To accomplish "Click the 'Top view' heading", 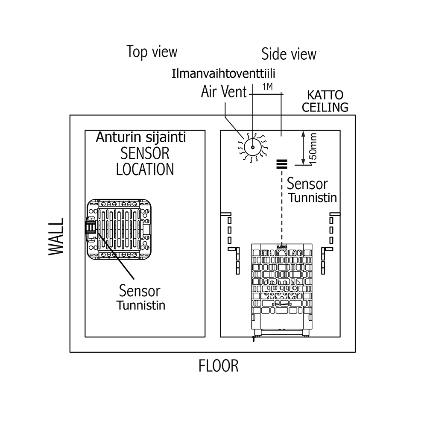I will click(x=152, y=52).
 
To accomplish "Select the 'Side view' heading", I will click(x=289, y=54).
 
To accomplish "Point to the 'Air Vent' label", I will click(x=224, y=92).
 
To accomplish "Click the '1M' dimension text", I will click(x=267, y=87).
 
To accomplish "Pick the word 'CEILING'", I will click(x=325, y=107).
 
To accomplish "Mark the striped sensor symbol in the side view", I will click(x=281, y=164).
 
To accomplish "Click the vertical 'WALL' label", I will click(x=56, y=237).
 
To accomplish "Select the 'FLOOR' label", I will click(x=218, y=366).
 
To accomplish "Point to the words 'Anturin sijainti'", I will click(x=140, y=137).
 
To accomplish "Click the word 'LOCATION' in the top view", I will click(x=145, y=169).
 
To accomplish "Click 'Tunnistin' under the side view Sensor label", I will click(x=313, y=198).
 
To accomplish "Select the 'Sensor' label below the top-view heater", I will click(x=139, y=291).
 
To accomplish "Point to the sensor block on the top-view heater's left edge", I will click(x=91, y=226).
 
